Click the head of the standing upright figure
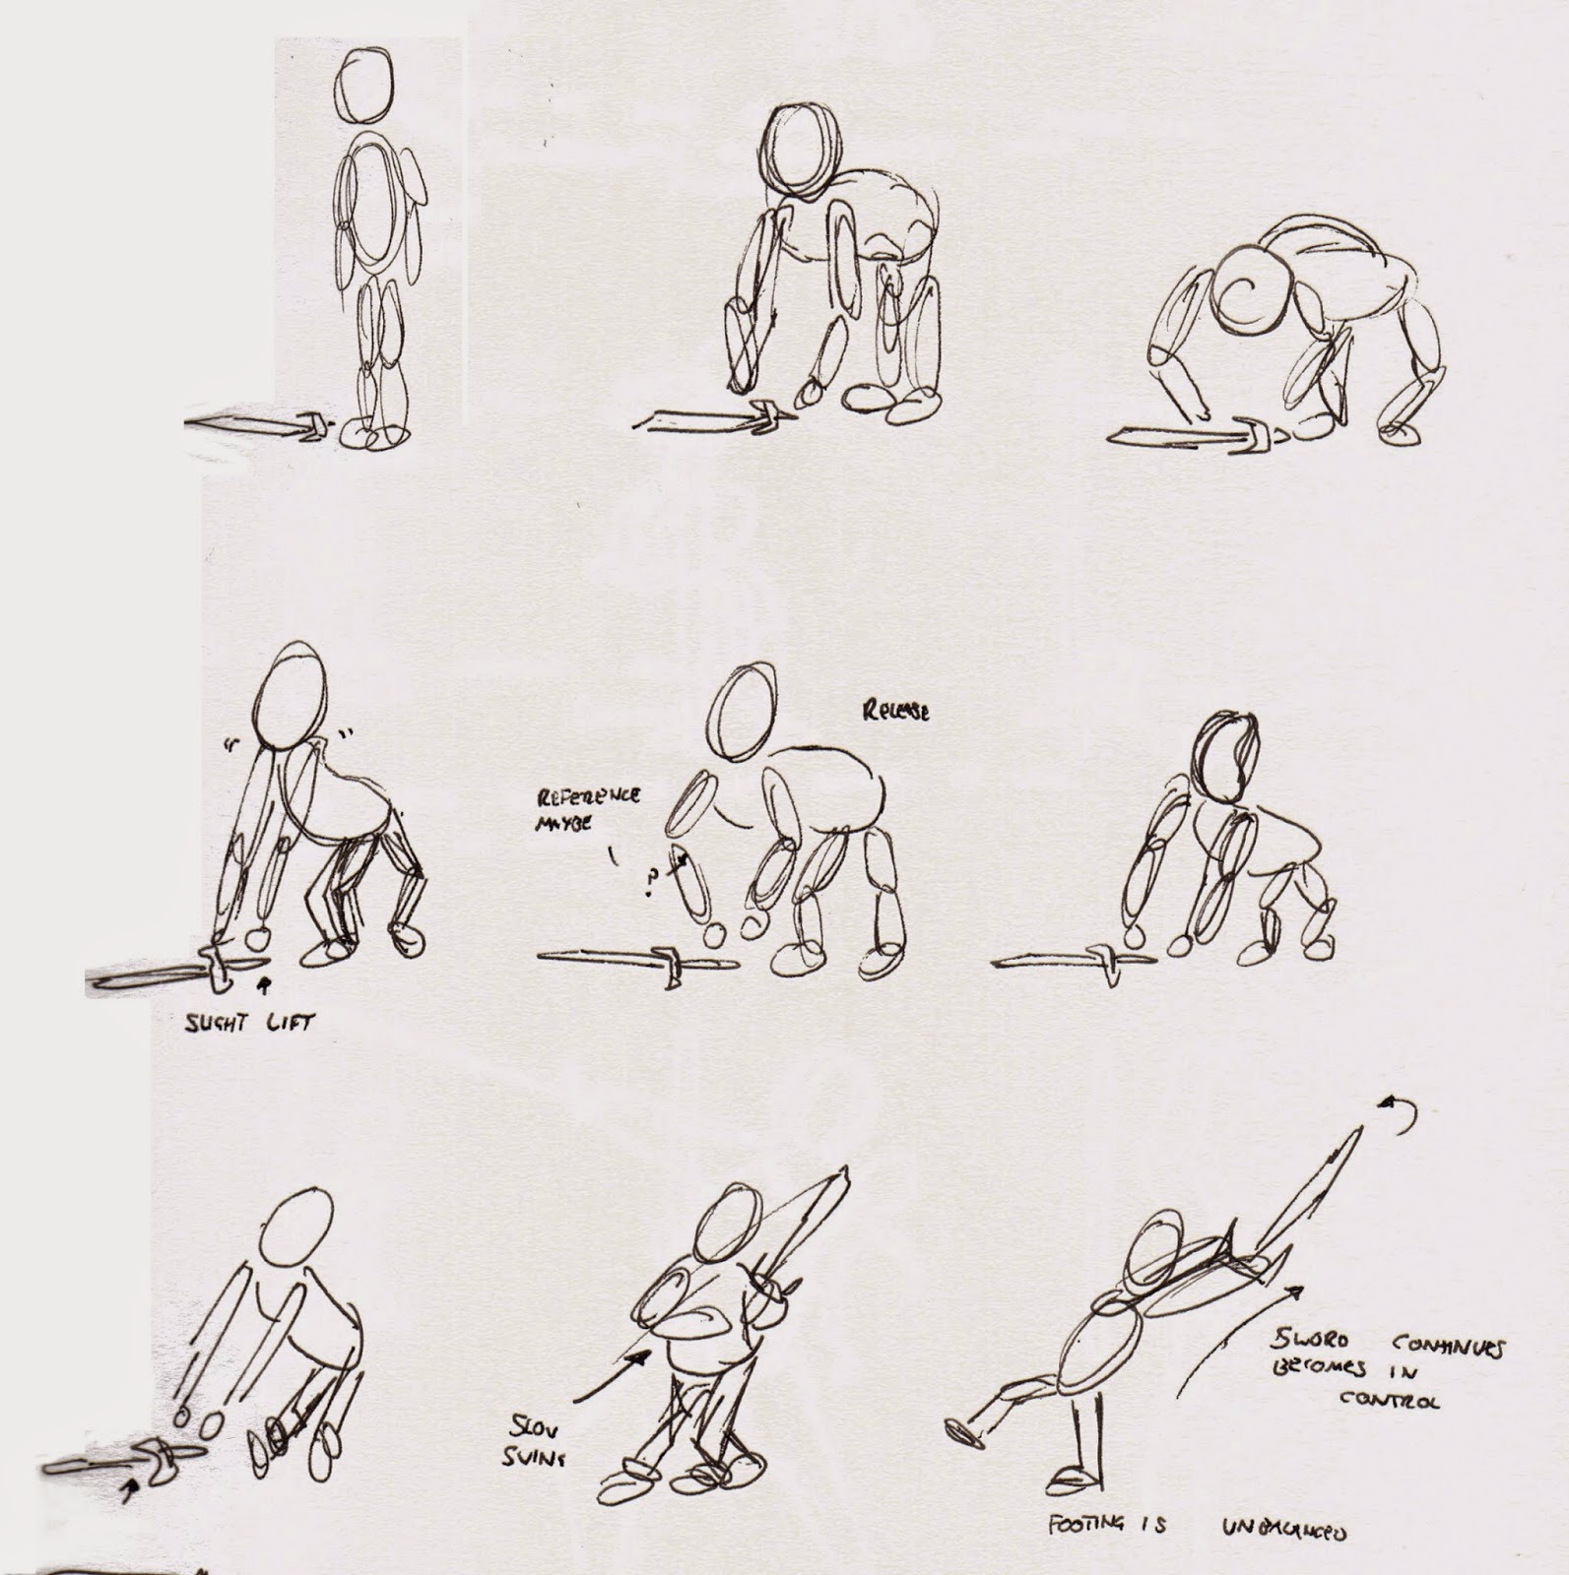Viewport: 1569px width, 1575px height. click(x=363, y=86)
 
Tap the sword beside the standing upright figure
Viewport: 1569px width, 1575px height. click(x=261, y=426)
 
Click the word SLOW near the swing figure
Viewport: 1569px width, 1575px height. click(x=532, y=1428)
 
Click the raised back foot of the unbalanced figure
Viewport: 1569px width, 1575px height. click(x=963, y=1432)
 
